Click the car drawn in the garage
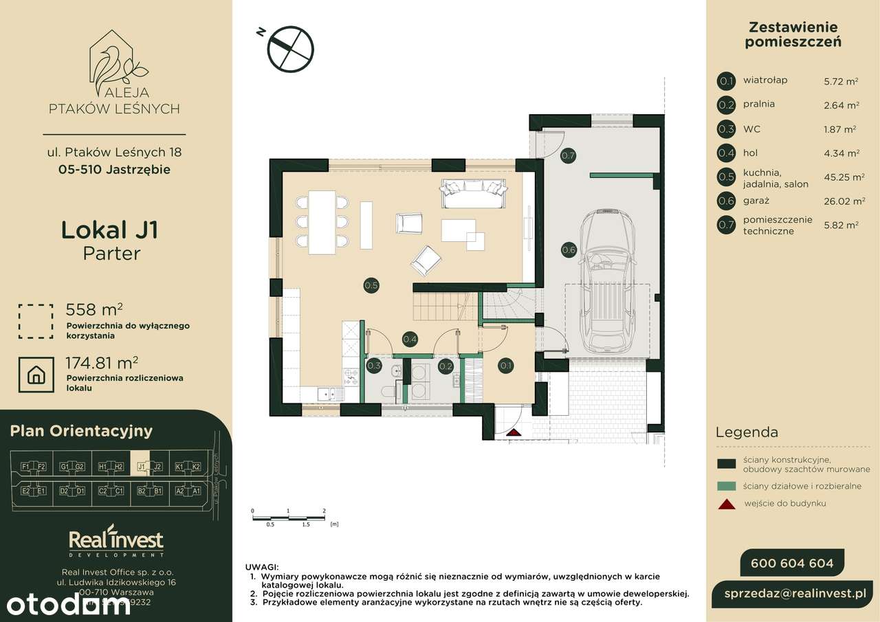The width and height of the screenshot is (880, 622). [607, 282]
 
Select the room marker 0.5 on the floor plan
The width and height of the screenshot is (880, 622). [371, 285]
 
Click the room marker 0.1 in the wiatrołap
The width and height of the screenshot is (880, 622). [505, 366]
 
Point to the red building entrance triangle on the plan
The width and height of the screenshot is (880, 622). [512, 432]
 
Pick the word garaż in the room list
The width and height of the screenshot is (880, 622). [756, 201]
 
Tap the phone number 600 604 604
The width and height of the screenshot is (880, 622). [792, 564]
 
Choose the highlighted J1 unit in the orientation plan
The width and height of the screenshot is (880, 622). [142, 467]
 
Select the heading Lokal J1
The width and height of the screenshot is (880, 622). [110, 230]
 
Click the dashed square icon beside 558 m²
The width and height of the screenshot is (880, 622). [36, 321]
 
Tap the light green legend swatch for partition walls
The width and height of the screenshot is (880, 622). [727, 486]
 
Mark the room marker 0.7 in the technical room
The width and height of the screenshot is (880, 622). [568, 155]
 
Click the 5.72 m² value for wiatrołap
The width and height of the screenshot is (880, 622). [841, 81]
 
